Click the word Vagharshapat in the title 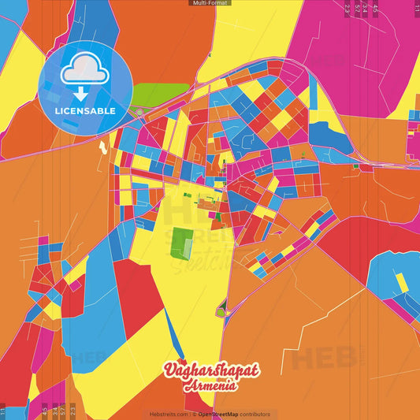(x=210, y=370)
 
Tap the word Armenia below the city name (x=210, y=385)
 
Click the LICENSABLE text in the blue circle (x=85, y=111)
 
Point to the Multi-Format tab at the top (x=210, y=3)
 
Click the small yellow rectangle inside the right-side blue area (x=402, y=281)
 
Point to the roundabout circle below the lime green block (x=139, y=113)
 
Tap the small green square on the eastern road (x=355, y=166)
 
